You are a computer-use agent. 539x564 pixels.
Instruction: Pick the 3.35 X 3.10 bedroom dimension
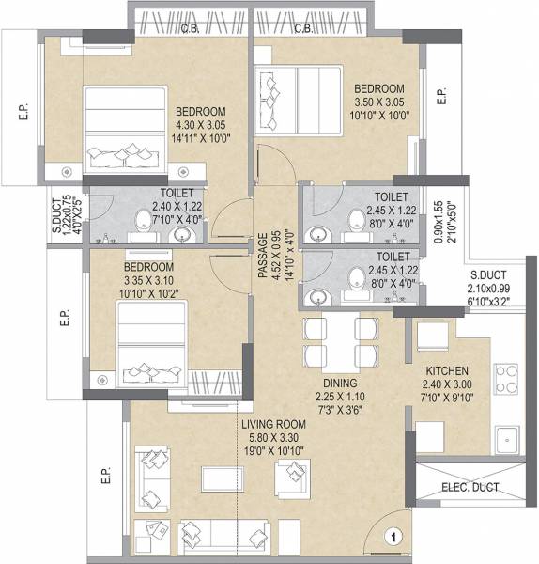click(x=148, y=280)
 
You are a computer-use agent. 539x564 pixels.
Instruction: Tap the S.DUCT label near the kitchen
click(x=488, y=276)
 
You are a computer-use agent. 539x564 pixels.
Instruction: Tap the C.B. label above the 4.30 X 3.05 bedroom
click(x=188, y=28)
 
